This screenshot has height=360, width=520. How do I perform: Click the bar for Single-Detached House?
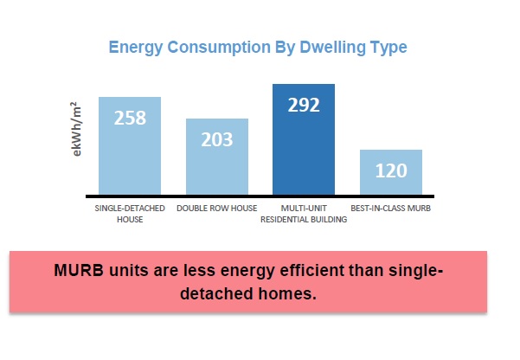(130, 156)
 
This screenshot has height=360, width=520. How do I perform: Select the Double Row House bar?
(217, 169)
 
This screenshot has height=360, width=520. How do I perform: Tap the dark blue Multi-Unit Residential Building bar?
(304, 151)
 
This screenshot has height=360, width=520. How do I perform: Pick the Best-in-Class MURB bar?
(391, 177)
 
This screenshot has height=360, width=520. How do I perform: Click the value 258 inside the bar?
(130, 119)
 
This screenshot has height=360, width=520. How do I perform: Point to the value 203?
(217, 140)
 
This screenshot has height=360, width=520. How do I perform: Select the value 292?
(304, 106)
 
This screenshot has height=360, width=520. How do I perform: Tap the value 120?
(391, 170)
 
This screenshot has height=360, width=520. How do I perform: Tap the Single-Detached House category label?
(130, 214)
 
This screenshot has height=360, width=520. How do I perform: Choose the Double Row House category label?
(217, 209)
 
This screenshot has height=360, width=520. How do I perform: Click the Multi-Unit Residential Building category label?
(304, 214)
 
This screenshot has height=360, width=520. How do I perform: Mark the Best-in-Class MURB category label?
(391, 209)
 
